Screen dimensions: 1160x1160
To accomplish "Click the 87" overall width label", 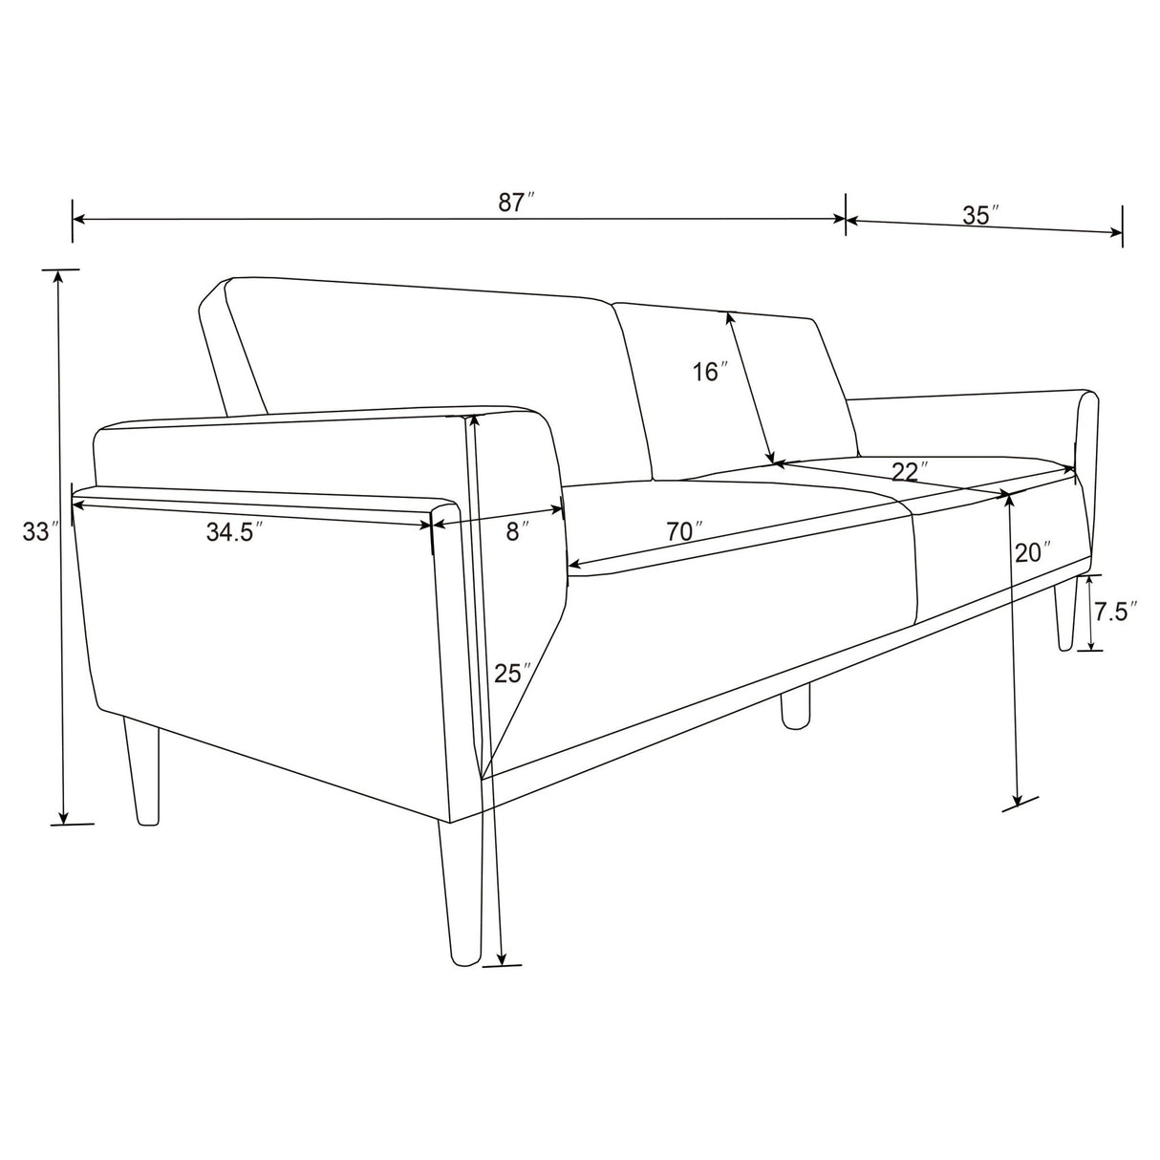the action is point(515,204).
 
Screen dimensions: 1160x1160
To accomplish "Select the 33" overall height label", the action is point(40,531).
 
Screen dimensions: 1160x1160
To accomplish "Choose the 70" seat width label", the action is point(684,531).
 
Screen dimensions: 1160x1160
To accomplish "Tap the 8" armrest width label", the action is point(518,531).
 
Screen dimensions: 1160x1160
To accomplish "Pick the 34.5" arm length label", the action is point(234,531).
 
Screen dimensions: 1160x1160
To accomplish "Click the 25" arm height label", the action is point(512,674).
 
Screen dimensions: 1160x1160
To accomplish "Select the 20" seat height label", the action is point(1032,552).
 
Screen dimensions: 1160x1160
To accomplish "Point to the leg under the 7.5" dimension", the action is point(1065,612).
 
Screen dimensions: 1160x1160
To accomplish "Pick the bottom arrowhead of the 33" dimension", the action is point(62,817).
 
